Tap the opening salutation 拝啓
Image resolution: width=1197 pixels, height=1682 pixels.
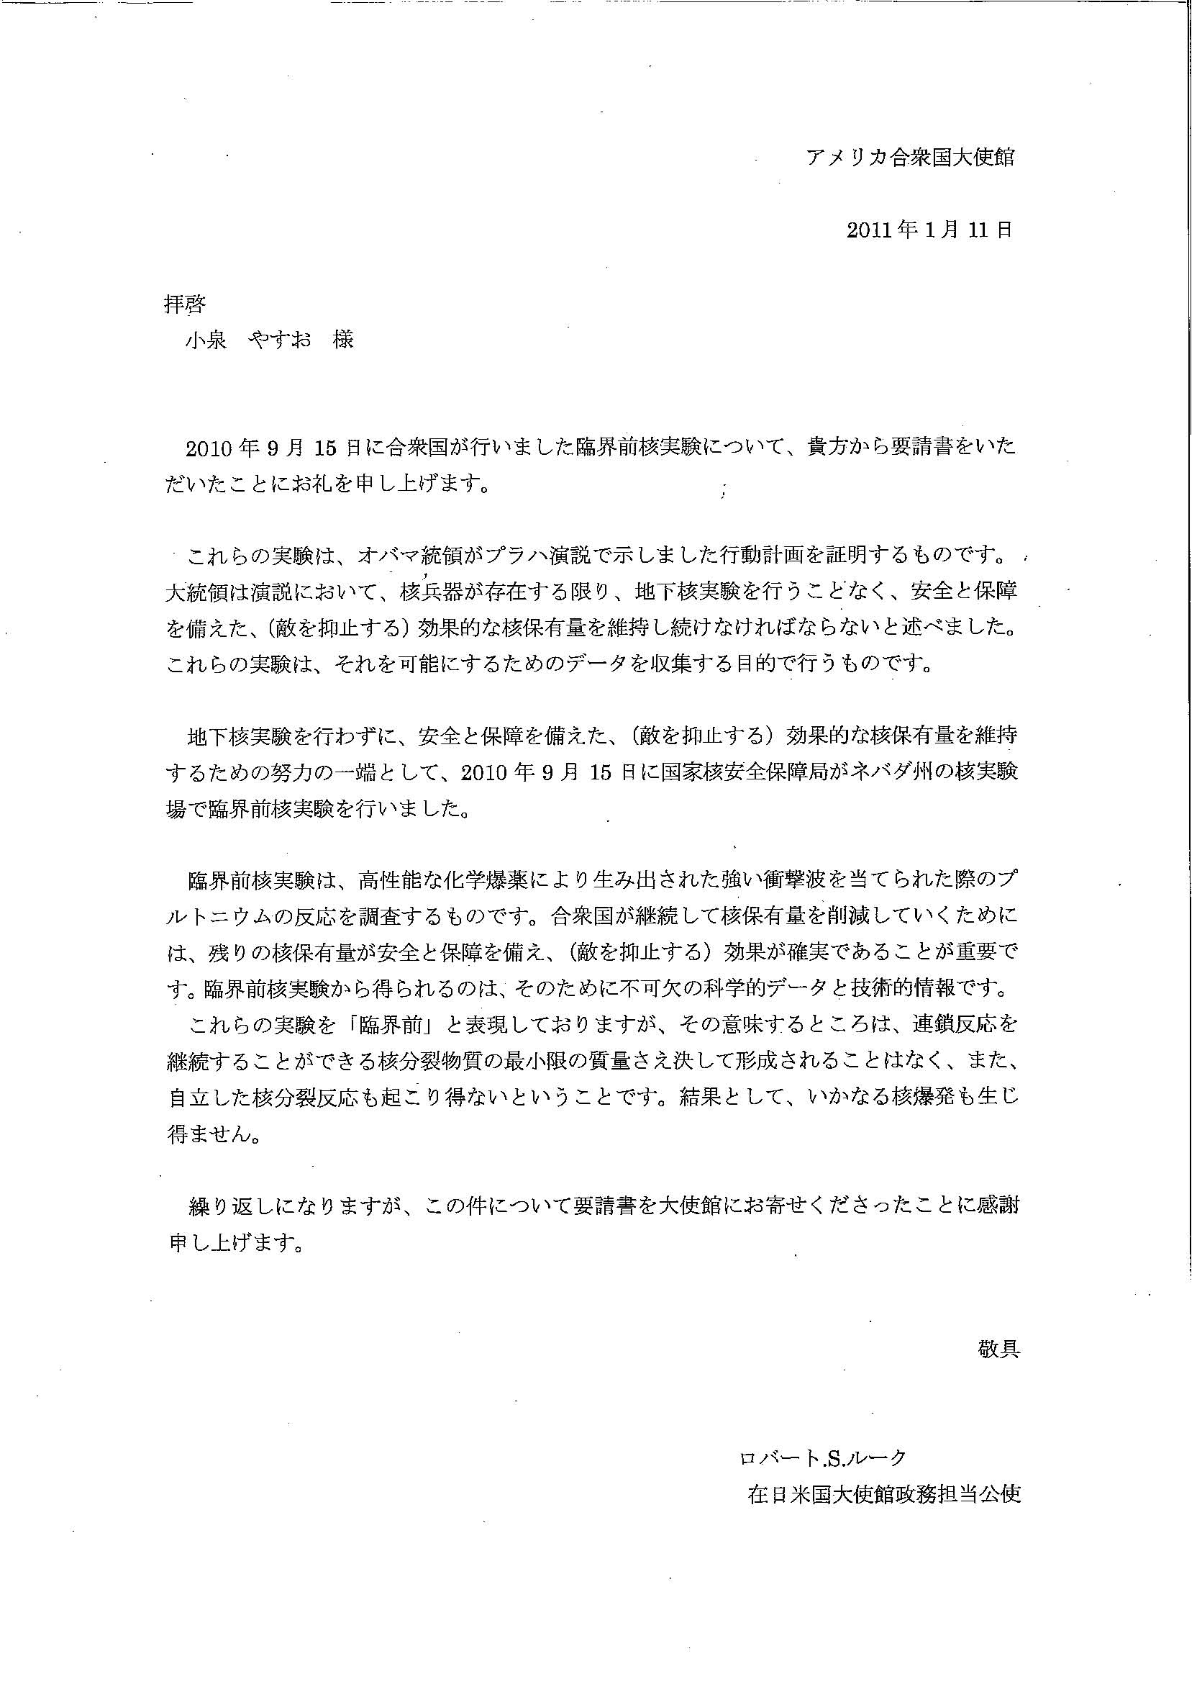tap(184, 304)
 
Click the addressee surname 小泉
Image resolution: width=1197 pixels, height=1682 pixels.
tap(206, 340)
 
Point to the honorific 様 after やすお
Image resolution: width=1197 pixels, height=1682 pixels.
tap(342, 340)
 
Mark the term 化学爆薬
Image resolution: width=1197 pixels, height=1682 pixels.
tap(480, 880)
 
